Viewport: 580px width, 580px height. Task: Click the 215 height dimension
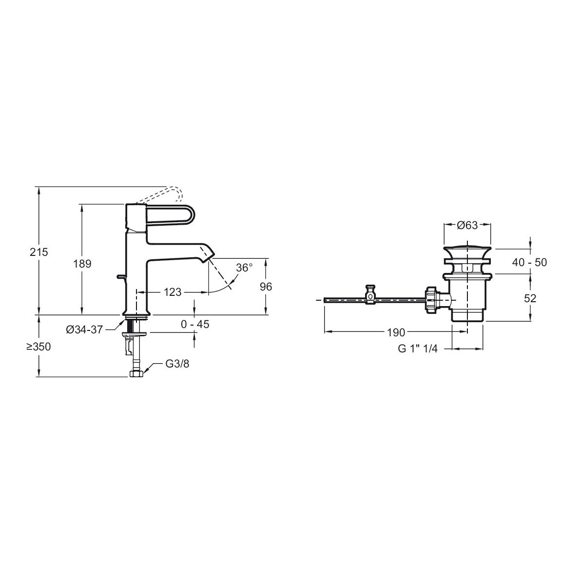click(x=39, y=252)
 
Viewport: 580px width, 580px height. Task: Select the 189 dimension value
click(x=82, y=264)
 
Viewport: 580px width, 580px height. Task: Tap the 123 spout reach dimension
click(x=173, y=292)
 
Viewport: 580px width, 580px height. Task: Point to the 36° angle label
click(x=245, y=268)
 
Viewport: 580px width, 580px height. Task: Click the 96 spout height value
click(x=266, y=287)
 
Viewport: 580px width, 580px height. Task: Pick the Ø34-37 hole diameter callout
click(x=84, y=329)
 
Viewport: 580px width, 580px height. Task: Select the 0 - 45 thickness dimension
click(x=195, y=324)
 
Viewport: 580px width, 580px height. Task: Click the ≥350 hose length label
click(x=39, y=347)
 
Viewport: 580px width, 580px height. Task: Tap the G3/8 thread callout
click(x=177, y=364)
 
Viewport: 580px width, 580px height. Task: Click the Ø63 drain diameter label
click(x=467, y=225)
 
